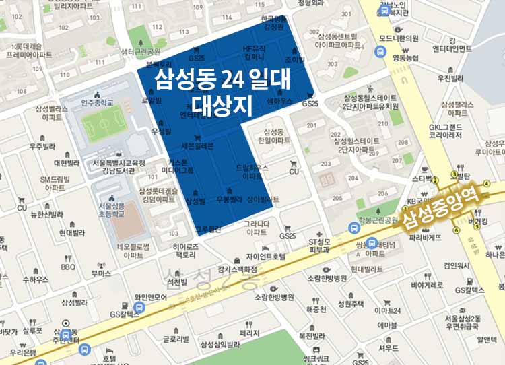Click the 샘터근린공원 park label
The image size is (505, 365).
tap(140, 51)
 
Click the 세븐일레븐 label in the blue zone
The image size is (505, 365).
tap(197, 145)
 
